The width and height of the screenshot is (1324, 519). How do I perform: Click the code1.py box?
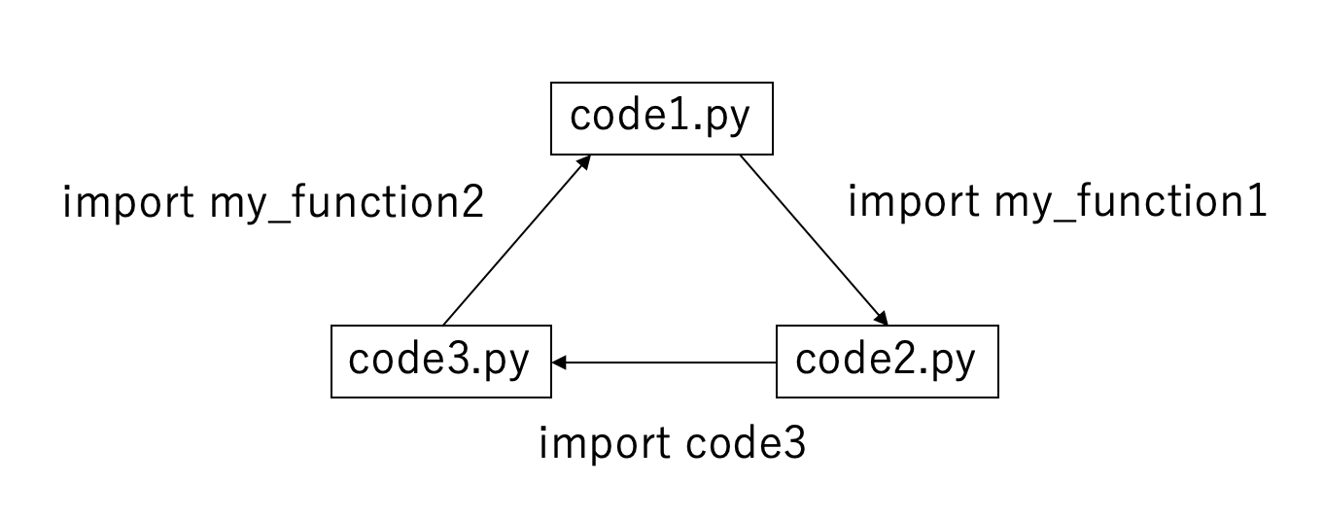click(662, 119)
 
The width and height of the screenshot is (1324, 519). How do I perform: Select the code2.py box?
click(887, 362)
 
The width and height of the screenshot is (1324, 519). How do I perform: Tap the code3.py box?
click(441, 362)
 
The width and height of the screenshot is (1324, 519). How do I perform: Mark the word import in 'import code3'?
click(603, 444)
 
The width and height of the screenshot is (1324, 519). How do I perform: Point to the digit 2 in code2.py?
click(902, 360)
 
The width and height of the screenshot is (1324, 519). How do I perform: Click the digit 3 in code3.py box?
click(457, 360)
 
